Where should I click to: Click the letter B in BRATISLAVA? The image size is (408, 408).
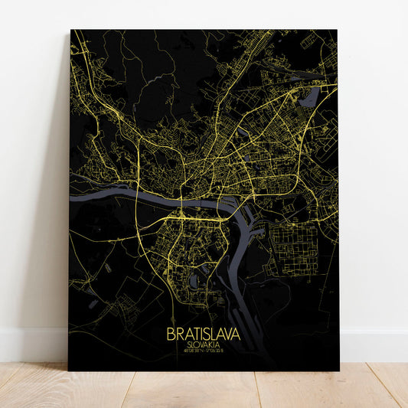click(169, 335)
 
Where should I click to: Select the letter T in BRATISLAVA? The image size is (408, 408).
click(194, 335)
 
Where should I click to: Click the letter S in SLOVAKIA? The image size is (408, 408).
click(188, 345)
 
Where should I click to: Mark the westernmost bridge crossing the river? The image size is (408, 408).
click(136, 198)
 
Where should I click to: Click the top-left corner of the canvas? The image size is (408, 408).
click(71, 31)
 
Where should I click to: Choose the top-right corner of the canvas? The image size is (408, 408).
click(337, 31)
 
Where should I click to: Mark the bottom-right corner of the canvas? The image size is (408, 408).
click(338, 370)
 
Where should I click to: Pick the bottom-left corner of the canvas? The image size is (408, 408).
click(69, 370)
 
